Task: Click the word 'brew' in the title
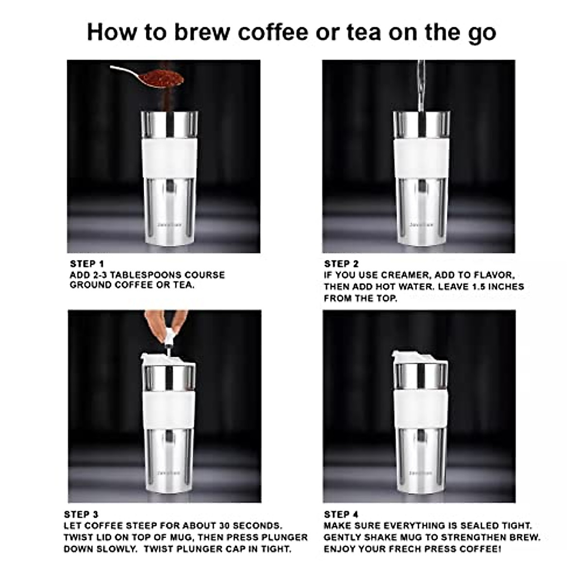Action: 202,32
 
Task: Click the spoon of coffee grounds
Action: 148,76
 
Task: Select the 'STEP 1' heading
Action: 87,264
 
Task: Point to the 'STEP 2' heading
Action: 341,264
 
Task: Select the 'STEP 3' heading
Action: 81,514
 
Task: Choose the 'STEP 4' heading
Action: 341,514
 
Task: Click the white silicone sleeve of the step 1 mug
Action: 170,158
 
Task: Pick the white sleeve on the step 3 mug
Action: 168,409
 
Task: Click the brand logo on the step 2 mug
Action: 421,225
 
